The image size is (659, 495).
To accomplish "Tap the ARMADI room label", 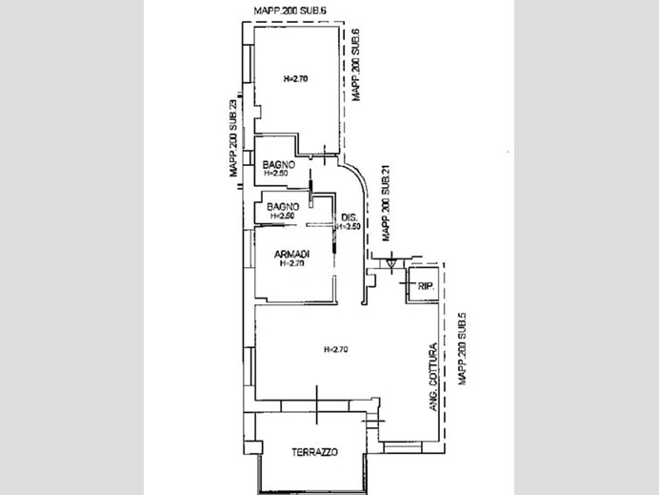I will pyautogui.click(x=290, y=253).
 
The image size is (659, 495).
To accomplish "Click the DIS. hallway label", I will pyautogui.click(x=348, y=217).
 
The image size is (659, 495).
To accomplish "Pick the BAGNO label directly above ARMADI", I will pyautogui.click(x=284, y=207).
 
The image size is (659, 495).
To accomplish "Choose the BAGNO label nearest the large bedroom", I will pyautogui.click(x=279, y=165).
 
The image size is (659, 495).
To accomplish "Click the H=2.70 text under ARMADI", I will pyautogui.click(x=290, y=263).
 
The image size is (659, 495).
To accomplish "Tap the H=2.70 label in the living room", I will pyautogui.click(x=336, y=349).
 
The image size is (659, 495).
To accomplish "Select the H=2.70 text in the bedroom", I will pyautogui.click(x=296, y=79).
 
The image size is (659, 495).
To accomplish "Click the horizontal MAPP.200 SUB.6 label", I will pyautogui.click(x=290, y=10).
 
